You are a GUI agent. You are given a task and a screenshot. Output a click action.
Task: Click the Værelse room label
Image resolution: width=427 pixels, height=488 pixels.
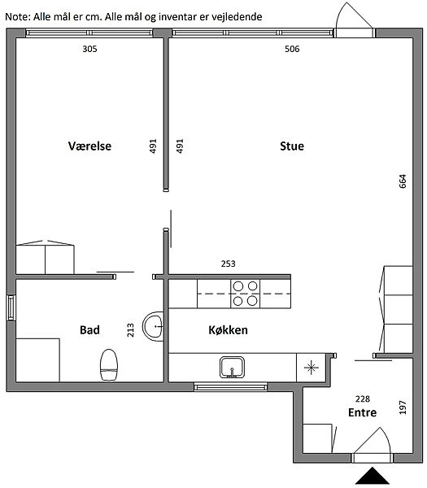point(89,146)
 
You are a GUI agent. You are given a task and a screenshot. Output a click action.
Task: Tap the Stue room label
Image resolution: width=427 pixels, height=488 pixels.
point(292,146)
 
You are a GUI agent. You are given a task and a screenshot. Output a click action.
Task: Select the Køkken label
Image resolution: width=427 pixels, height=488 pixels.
point(228,330)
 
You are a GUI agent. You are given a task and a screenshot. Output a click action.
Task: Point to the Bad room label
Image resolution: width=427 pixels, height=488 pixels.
point(89,330)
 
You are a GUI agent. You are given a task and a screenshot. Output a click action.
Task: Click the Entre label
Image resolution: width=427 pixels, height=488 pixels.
point(362,412)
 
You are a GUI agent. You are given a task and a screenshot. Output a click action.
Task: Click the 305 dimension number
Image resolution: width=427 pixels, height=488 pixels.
point(89,49)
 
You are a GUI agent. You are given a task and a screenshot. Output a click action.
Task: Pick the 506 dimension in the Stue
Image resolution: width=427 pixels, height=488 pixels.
point(292,49)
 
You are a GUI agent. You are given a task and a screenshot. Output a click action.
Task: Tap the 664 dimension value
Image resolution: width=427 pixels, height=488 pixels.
point(403,181)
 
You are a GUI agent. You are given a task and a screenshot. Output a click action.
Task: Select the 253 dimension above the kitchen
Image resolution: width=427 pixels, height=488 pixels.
point(228,264)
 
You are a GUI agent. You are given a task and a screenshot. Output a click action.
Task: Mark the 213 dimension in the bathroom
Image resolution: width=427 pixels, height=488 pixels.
point(130,330)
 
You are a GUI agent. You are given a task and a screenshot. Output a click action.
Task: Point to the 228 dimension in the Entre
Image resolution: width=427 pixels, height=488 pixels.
point(363,399)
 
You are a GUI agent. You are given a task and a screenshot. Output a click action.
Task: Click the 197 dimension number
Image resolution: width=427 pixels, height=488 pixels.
point(403,407)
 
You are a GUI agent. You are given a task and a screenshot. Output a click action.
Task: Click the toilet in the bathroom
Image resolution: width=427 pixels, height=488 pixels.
point(109,365)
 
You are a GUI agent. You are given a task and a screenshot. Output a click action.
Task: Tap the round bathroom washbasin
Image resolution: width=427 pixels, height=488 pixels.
point(153,326)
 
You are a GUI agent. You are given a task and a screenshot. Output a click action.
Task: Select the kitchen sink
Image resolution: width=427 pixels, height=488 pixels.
point(232,368)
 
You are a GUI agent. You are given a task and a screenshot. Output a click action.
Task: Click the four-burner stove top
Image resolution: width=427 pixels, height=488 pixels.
point(246,294)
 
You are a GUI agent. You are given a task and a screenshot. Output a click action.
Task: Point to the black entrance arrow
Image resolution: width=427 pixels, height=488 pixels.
point(373,476)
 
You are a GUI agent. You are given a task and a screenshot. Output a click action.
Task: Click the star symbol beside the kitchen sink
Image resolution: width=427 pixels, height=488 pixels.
point(312,368)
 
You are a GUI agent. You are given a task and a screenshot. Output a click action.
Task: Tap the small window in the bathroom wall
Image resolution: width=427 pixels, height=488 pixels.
point(11,307)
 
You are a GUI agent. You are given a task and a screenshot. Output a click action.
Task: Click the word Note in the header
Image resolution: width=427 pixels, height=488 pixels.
point(17,16)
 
